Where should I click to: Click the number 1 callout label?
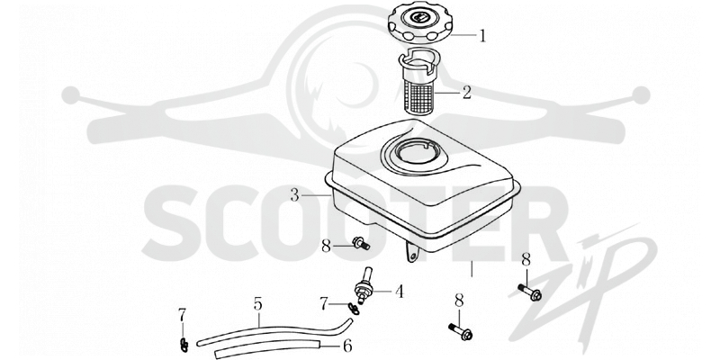(x=482, y=36)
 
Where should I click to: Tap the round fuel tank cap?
(x=419, y=25)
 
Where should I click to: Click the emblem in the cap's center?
(x=420, y=19)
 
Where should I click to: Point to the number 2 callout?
(x=466, y=93)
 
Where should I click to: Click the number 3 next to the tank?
(x=295, y=195)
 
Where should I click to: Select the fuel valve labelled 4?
(x=364, y=286)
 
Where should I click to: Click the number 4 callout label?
(x=399, y=292)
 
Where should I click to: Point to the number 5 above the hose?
(x=257, y=304)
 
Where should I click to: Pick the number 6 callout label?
(x=348, y=346)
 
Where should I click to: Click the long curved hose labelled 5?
(x=275, y=332)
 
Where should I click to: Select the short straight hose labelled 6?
(x=267, y=348)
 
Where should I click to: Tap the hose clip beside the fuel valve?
(x=354, y=309)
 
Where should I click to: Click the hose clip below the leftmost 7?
(x=184, y=345)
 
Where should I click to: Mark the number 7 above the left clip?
(x=183, y=315)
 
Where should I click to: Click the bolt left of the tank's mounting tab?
(x=361, y=243)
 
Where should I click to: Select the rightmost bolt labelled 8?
(x=530, y=292)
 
